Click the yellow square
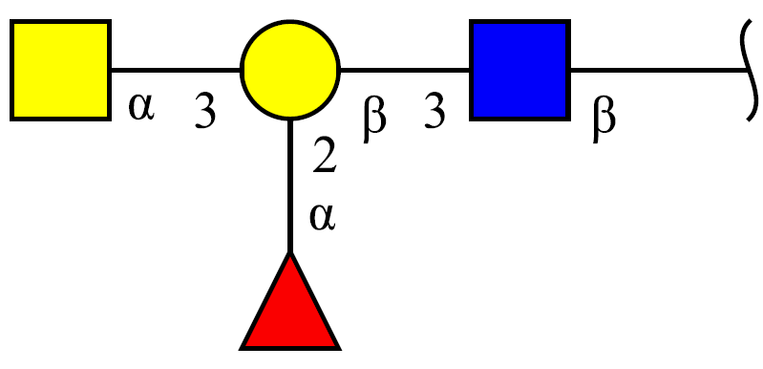61,70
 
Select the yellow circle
290,70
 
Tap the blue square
519,70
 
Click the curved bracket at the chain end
751,70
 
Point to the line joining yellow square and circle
176,70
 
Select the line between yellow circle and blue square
405,70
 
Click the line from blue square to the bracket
658,70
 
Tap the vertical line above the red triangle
290,186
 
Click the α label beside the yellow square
141,108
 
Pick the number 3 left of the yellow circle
205,111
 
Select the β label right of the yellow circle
374,119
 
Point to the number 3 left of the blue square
434,111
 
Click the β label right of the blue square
604,119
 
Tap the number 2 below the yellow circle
325,155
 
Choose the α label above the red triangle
323,218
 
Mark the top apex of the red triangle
290,253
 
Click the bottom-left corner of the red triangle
241,349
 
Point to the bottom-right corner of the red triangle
340,349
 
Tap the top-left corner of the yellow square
11,20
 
